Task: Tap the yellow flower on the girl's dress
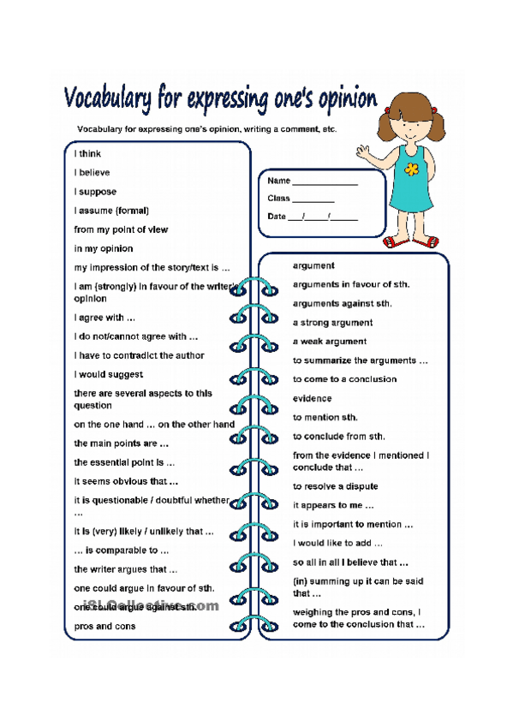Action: (412, 169)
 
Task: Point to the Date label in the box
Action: (277, 217)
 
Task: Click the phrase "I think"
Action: (87, 154)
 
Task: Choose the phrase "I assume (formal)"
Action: (111, 211)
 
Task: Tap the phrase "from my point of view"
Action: (121, 229)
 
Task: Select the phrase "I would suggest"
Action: (109, 374)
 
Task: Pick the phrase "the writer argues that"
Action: (126, 569)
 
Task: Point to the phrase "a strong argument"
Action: (332, 323)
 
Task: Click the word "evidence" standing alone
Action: (312, 398)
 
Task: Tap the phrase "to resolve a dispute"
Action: (335, 486)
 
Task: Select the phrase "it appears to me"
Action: (328, 505)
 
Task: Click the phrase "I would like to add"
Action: (337, 543)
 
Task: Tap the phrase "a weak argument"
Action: (329, 342)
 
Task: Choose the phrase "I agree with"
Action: (104, 318)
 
